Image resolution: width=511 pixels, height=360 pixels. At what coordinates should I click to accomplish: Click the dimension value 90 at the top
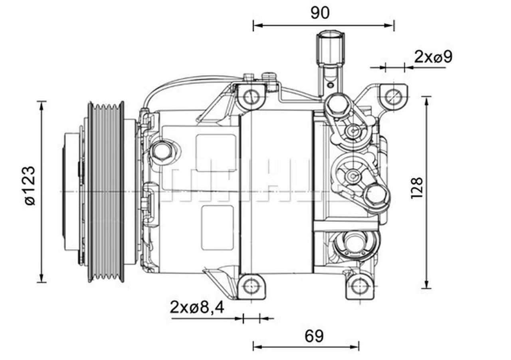pos(320,13)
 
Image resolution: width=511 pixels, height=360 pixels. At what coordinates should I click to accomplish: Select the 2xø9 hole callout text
pos(433,57)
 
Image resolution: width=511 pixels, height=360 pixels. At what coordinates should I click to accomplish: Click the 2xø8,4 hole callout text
pos(197,308)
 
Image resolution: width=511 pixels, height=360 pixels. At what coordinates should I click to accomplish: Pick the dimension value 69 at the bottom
pos(314,336)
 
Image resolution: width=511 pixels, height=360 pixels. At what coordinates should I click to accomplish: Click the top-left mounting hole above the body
pos(251,97)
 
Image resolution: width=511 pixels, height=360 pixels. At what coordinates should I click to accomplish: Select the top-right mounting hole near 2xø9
pos(394,96)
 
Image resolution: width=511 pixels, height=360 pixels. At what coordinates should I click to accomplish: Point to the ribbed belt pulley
pos(106,192)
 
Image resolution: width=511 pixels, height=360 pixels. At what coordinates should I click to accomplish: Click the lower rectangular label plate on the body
pos(217,228)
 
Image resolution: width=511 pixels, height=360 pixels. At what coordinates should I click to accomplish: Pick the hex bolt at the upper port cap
pos(335,105)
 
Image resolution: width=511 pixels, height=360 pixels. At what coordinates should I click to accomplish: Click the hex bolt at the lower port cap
pos(376,195)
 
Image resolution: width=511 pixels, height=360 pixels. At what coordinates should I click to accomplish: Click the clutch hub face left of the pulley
pos(72,192)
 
